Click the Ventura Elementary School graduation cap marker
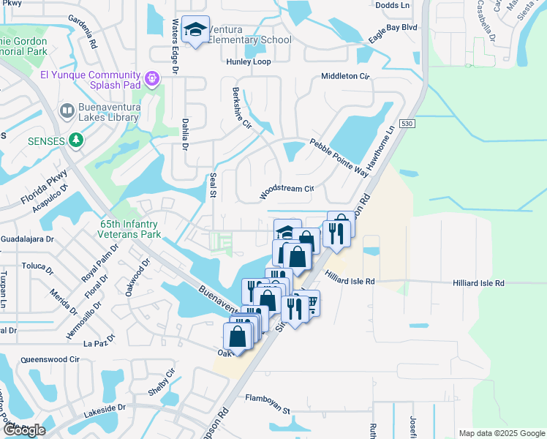pyautogui.click(x=195, y=30)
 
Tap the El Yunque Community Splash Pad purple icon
pyautogui.click(x=152, y=77)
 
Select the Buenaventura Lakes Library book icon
pyautogui.click(x=67, y=110)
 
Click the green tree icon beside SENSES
pyautogui.click(x=76, y=139)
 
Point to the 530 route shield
pyautogui.click(x=407, y=126)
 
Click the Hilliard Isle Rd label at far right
pyautogui.click(x=478, y=282)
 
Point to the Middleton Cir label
pyautogui.click(x=346, y=76)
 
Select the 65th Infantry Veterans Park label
pyautogui.click(x=129, y=230)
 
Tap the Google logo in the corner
pyautogui.click(x=24, y=430)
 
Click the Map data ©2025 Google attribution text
pyautogui.click(x=501, y=433)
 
